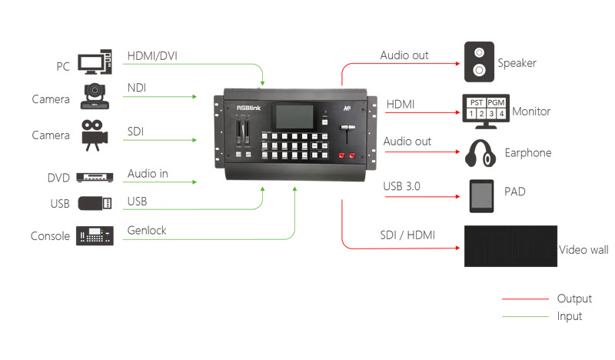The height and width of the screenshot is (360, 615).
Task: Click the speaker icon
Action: click(x=479, y=62)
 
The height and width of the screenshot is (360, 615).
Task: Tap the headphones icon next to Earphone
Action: click(x=478, y=153)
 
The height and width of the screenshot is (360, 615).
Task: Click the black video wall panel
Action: click(x=510, y=246)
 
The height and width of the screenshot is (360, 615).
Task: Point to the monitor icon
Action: click(x=485, y=111)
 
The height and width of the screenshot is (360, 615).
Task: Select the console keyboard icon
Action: click(x=95, y=235)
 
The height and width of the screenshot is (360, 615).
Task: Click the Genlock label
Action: click(x=147, y=230)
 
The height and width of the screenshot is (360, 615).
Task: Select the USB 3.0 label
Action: click(x=401, y=187)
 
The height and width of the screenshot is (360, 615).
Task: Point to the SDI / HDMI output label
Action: click(x=407, y=234)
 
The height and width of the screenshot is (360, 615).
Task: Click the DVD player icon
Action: click(x=95, y=178)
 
